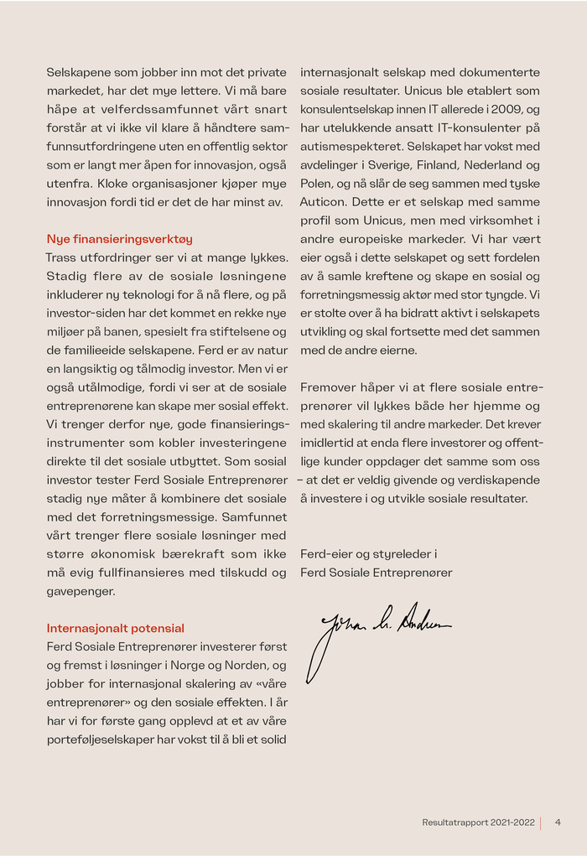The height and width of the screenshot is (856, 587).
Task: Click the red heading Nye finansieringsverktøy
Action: (x=119, y=239)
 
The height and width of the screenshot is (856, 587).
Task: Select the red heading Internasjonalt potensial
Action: (x=116, y=628)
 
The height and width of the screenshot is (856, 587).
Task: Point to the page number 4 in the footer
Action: (x=558, y=822)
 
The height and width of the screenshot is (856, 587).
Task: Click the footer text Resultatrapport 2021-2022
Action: (x=478, y=822)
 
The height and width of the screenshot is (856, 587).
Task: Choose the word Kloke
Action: (x=114, y=183)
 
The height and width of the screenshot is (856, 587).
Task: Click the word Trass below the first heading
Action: (x=62, y=257)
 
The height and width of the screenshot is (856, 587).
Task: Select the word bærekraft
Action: (x=199, y=554)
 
